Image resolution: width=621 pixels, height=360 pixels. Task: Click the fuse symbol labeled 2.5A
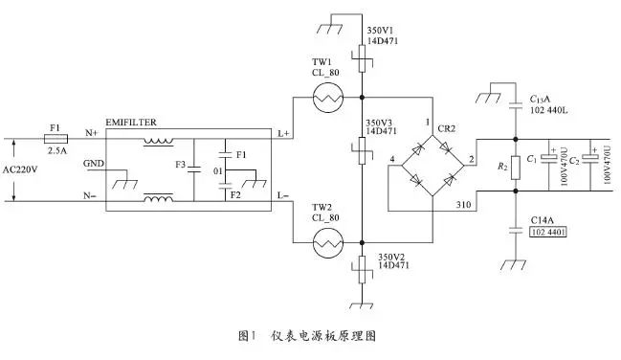[x=55, y=138]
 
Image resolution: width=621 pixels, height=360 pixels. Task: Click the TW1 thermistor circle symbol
[x=328, y=97]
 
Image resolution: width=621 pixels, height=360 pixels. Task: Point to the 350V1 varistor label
[x=381, y=31]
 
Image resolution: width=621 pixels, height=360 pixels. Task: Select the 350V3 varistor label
[x=381, y=123]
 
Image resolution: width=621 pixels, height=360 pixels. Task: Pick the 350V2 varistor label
[x=381, y=258]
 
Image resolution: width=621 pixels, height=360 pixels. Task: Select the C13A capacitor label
[x=543, y=99]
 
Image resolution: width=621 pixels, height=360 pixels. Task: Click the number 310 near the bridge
[x=463, y=205]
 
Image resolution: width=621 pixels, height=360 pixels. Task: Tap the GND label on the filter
[x=94, y=164]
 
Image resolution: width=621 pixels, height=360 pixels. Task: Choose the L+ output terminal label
[x=284, y=133]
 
